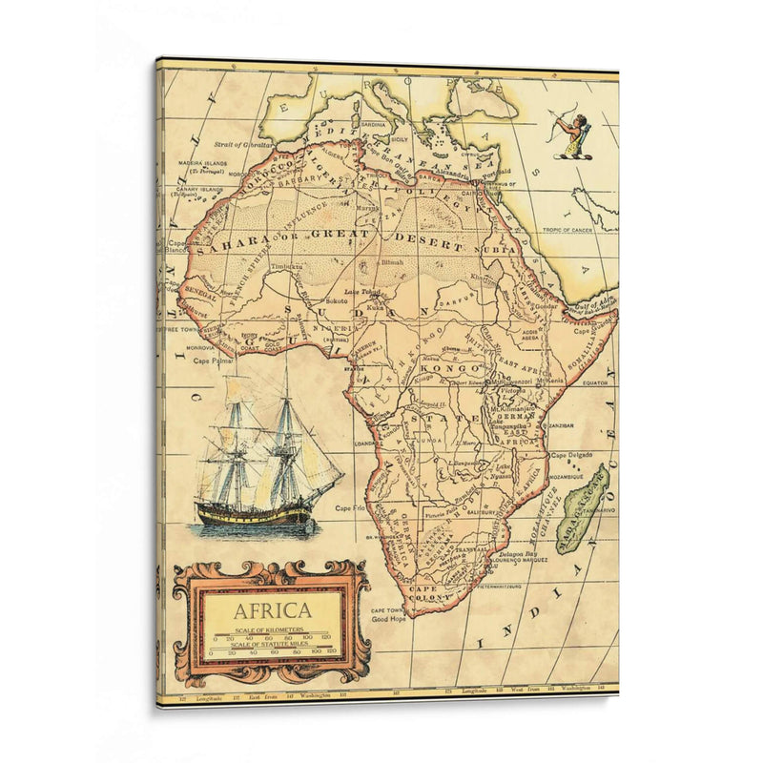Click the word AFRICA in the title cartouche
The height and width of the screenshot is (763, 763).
(x=272, y=610)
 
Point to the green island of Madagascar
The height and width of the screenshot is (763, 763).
(x=581, y=505)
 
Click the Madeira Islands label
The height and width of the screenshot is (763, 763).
(x=202, y=164)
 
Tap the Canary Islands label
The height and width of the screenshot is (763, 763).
(x=197, y=190)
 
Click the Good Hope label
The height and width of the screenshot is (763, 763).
(x=389, y=618)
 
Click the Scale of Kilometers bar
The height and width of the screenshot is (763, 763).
(x=272, y=637)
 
